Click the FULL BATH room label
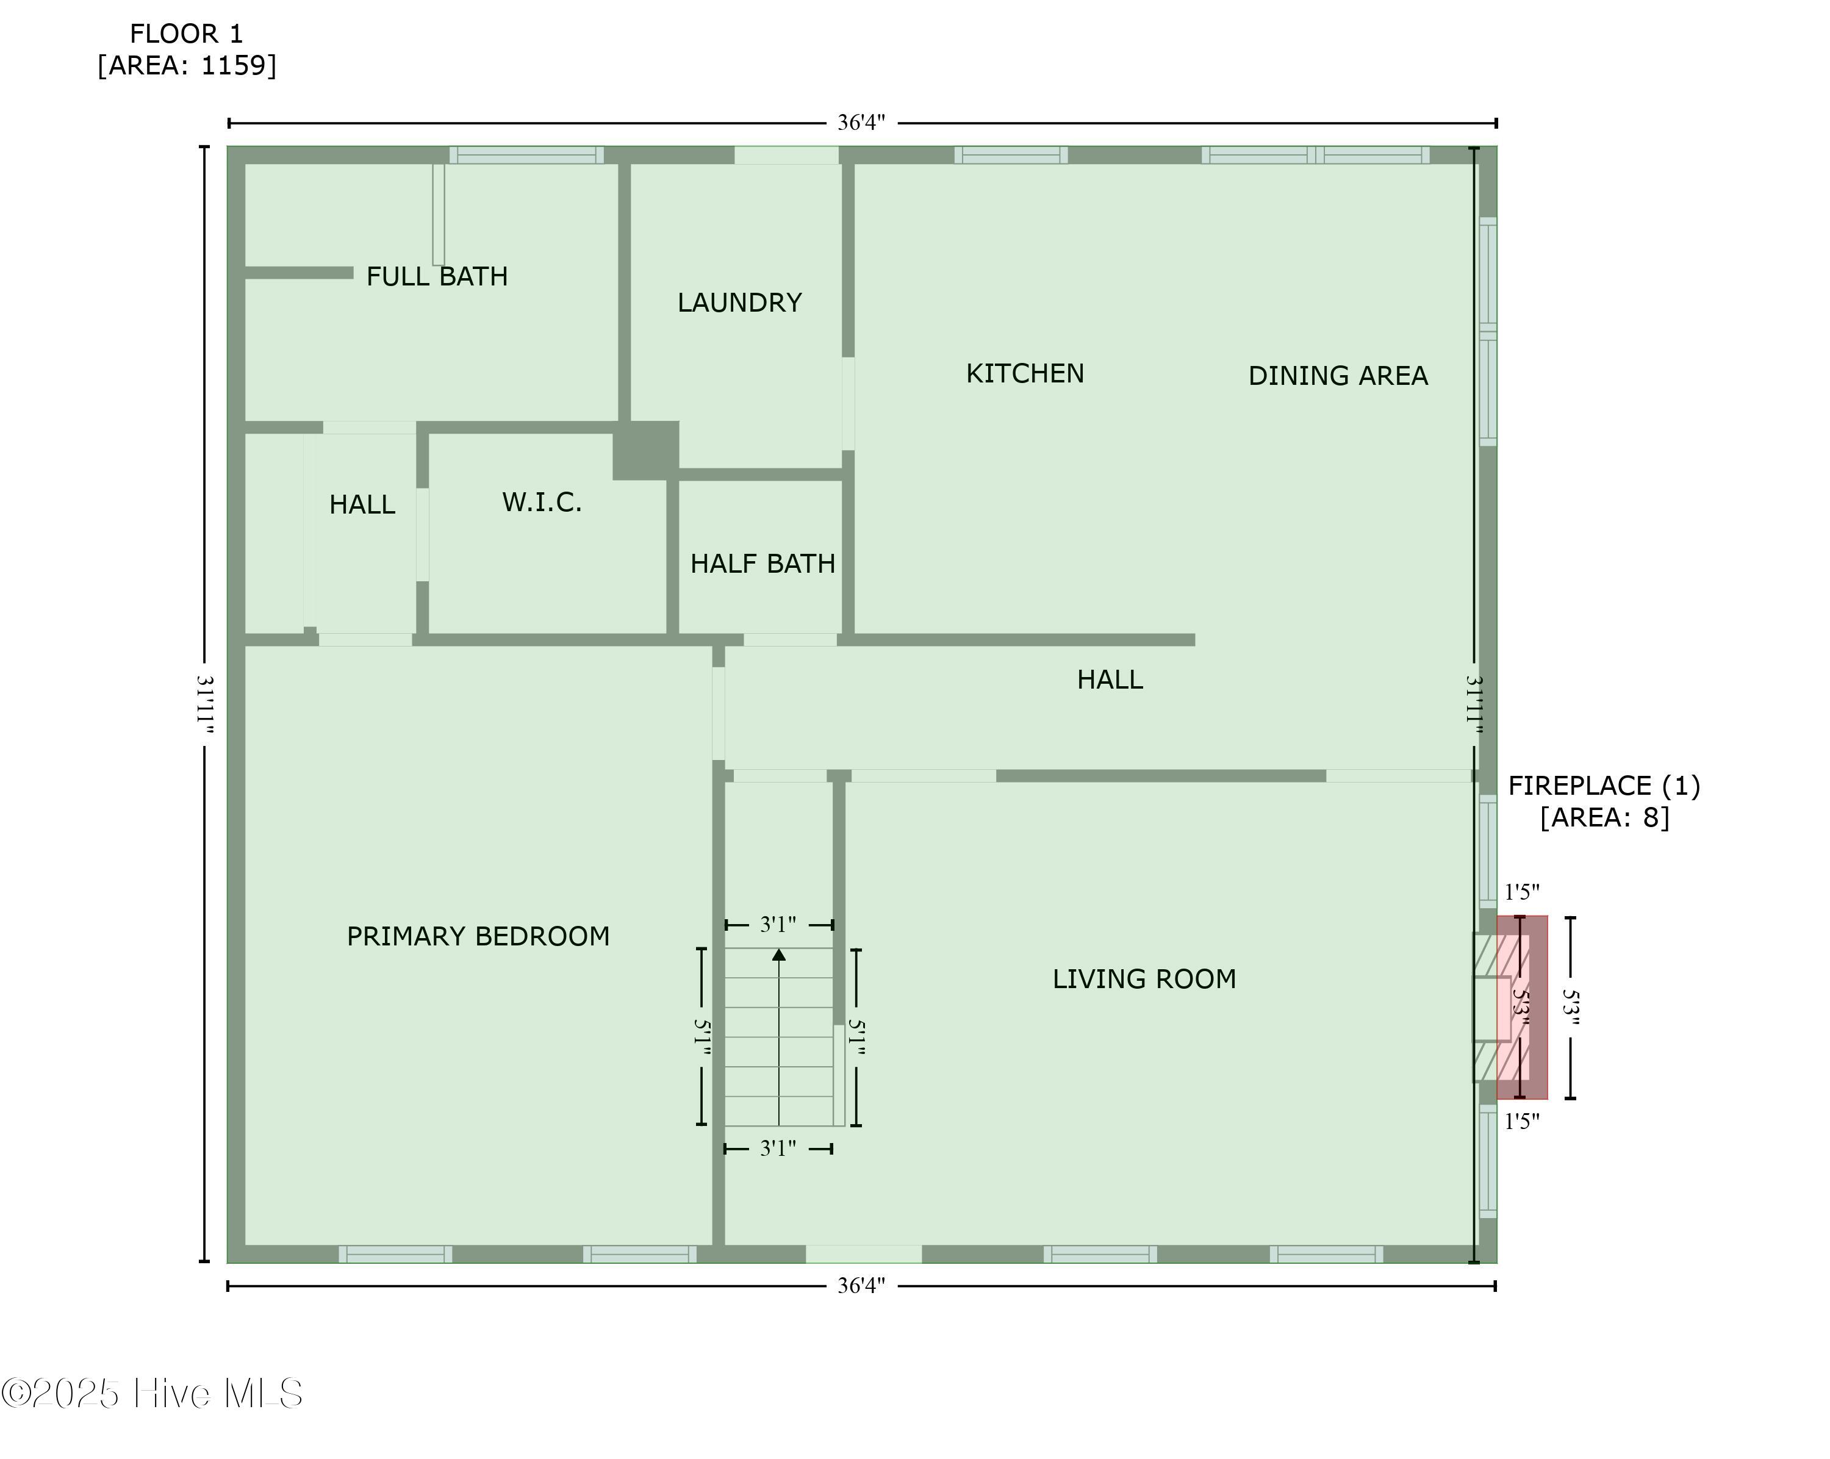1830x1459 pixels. (x=437, y=277)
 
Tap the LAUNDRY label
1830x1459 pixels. (x=739, y=303)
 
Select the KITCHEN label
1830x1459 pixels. (x=1025, y=373)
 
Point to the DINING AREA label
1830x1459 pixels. (x=1338, y=376)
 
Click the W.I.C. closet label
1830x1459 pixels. (x=542, y=503)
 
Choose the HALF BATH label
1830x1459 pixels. (x=763, y=564)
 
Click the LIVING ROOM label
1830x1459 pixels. (x=1145, y=980)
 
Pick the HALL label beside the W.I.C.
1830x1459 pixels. (x=362, y=505)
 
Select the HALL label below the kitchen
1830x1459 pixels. (x=1110, y=680)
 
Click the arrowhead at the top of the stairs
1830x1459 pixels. (x=779, y=955)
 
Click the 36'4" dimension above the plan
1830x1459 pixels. (x=861, y=123)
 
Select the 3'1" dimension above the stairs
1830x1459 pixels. (x=778, y=924)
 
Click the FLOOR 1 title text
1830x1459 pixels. (x=187, y=34)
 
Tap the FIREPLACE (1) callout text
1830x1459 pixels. (x=1604, y=787)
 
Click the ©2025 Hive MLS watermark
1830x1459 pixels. (x=152, y=1394)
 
